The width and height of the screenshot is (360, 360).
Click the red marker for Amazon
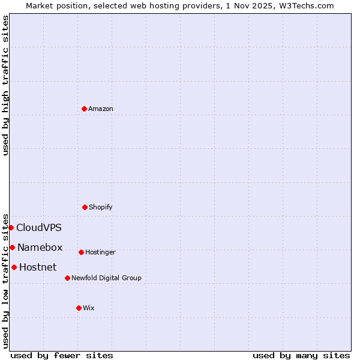coord(84,109)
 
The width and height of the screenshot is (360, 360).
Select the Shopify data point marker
coord(85,207)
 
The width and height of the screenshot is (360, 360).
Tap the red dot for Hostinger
coord(81,252)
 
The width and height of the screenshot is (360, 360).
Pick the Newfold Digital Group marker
coord(67,278)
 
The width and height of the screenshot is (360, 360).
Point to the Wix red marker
coord(79,308)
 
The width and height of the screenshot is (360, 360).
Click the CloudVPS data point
coord(11,227)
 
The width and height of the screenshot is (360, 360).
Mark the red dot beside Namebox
coord(12,247)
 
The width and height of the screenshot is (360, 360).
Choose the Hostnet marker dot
coord(14,267)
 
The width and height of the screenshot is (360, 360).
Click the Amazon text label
coord(101,109)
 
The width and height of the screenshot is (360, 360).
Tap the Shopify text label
coord(101,207)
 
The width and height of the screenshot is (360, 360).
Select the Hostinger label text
coord(100,252)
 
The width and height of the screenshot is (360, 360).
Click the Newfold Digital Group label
coord(106,278)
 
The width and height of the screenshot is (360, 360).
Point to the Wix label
coord(89,308)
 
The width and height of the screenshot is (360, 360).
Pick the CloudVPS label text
coord(39,227)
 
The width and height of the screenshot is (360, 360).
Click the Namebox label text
coord(40,247)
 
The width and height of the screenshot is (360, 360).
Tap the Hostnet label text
coord(38,267)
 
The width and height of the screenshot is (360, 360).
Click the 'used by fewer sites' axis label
coord(62,355)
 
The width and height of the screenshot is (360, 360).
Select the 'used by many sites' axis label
coord(301,355)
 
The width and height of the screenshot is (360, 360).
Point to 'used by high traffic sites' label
coord(5,85)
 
